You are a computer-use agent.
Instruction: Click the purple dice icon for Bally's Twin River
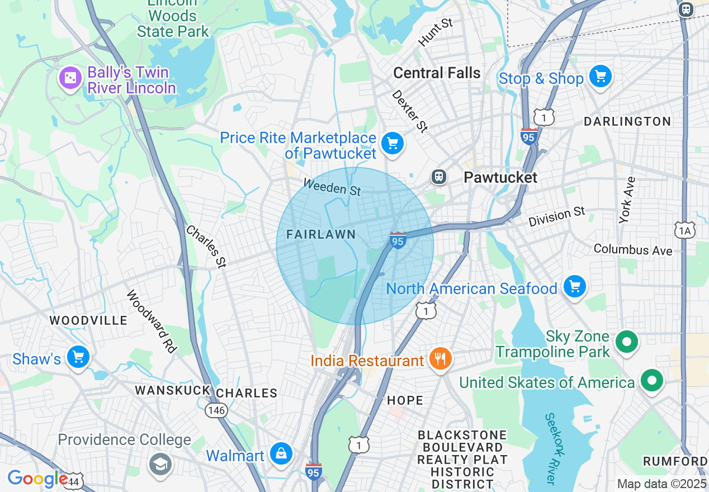[70, 78]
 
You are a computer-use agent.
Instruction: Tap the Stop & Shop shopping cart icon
[601, 76]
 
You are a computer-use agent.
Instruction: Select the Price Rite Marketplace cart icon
[393, 144]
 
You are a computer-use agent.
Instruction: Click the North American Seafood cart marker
[574, 286]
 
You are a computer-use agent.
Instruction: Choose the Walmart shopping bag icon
[281, 453]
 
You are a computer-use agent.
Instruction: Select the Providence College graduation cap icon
[160, 463]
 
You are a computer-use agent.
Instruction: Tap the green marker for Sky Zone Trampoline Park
[627, 341]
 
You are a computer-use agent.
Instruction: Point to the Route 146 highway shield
[216, 410]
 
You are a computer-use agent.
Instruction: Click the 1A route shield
[685, 230]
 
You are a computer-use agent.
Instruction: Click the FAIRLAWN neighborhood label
[321, 234]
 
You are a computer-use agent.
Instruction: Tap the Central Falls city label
[437, 73]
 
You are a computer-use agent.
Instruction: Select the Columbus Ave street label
[633, 249]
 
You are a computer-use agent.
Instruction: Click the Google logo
[37, 479]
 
